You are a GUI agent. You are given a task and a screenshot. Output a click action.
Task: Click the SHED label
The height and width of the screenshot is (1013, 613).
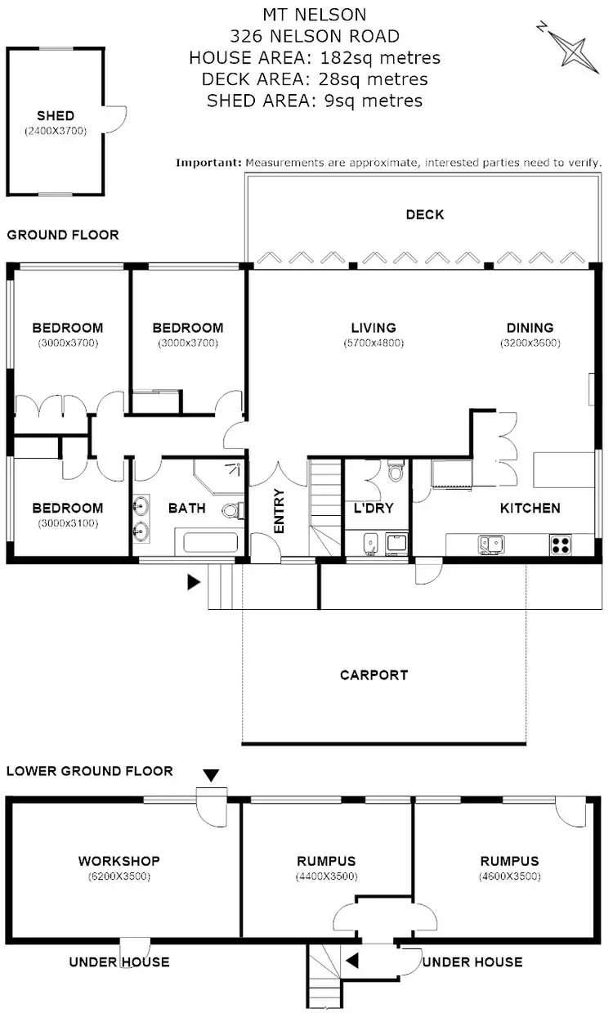point(56,116)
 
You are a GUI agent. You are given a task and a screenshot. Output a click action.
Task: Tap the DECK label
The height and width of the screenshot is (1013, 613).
point(425,215)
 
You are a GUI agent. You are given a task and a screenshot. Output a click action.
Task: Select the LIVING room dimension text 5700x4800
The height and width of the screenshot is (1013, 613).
point(374,343)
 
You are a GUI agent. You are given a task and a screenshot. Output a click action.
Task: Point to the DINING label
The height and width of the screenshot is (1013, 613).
point(530,329)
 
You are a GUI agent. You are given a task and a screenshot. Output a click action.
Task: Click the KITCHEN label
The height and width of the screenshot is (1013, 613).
point(530,508)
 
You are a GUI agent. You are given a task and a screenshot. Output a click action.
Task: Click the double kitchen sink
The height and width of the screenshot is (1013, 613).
point(491,542)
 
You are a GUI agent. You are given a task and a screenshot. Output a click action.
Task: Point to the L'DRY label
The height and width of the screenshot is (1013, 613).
point(373,508)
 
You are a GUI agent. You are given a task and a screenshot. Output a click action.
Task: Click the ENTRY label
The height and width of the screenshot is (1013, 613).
point(279,511)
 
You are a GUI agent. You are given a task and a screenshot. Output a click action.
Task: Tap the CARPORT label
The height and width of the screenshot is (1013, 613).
point(374,675)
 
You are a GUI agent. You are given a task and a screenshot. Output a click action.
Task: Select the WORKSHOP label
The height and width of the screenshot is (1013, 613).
point(119,861)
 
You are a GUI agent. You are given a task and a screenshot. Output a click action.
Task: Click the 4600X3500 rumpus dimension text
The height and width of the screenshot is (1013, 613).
point(509,876)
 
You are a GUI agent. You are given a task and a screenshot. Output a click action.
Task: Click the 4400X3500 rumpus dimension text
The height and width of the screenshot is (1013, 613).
point(326,876)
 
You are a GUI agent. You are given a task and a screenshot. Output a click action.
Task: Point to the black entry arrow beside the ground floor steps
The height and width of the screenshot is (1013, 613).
point(194,582)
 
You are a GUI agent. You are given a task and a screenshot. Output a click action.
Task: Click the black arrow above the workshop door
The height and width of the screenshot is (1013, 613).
point(211,775)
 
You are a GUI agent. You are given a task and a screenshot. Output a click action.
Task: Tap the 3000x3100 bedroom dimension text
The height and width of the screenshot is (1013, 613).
point(68,523)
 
